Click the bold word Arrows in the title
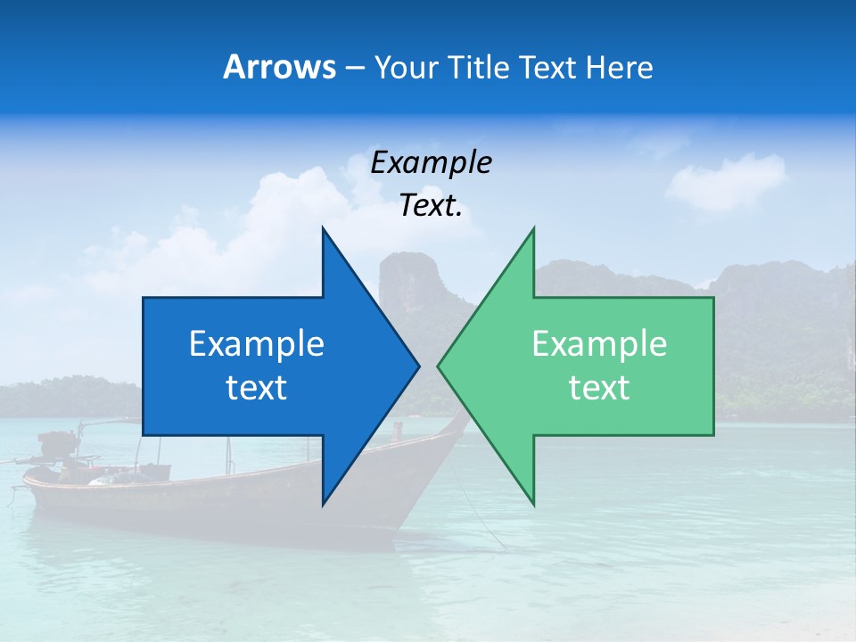[279, 67]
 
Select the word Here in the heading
[619, 67]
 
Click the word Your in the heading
[404, 67]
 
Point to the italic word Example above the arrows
[431, 162]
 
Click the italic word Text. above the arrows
[431, 206]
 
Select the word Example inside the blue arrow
[257, 343]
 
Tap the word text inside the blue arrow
[257, 387]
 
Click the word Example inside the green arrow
[599, 343]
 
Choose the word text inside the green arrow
[599, 387]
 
